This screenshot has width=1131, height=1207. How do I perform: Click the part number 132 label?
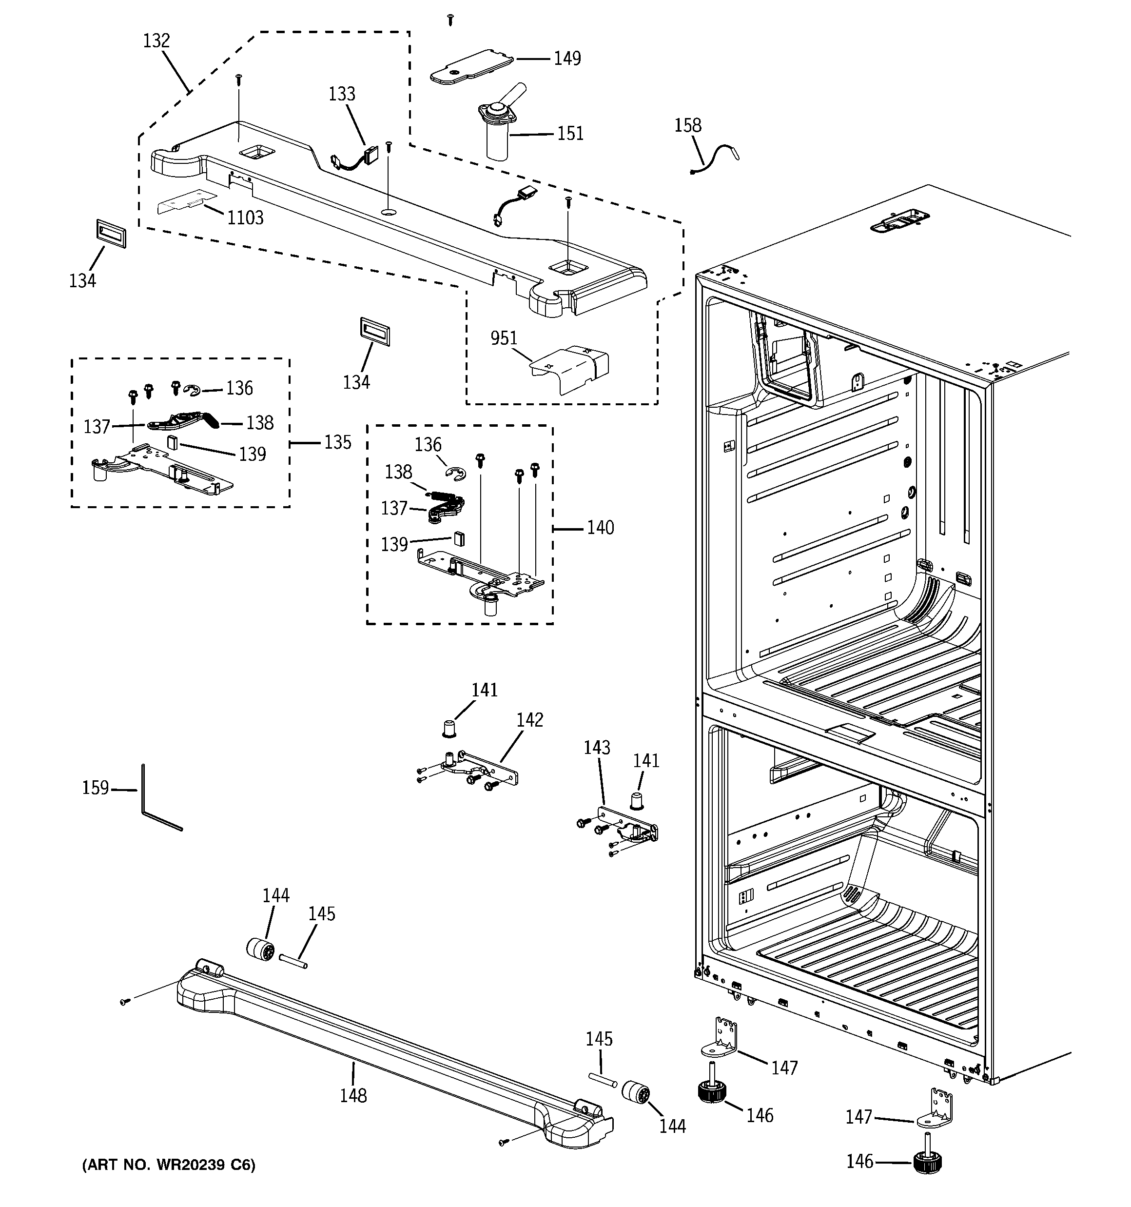[156, 40]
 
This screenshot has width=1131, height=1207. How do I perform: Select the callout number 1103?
[245, 218]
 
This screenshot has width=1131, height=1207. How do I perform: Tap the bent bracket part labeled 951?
[571, 367]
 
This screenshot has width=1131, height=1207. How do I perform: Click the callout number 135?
[337, 442]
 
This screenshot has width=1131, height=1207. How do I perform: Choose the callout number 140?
[600, 528]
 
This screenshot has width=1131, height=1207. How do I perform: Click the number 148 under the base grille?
[353, 1095]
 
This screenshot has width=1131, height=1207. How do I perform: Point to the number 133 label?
[342, 94]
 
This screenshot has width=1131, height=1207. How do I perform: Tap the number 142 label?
[529, 720]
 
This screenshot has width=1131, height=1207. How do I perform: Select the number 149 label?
[567, 59]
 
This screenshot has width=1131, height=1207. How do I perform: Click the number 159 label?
[96, 788]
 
